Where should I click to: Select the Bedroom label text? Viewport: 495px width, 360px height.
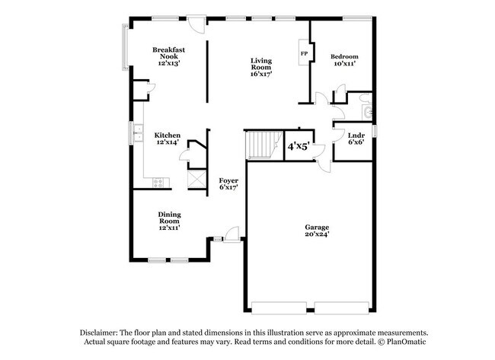point(344,57)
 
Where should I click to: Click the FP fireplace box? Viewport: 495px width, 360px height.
point(304,54)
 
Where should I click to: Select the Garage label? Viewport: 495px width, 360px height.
point(317,228)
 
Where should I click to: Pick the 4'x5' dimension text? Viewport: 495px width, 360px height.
point(298,145)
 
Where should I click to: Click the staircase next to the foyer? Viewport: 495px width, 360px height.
point(263,144)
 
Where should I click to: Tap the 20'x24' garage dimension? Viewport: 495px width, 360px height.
point(317,234)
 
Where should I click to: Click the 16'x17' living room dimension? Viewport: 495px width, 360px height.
point(261,75)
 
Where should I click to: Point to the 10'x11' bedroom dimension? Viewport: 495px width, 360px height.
point(344,65)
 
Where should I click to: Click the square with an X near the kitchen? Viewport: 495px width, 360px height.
point(196,179)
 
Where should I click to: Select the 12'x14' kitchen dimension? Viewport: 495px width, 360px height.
point(168,143)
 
